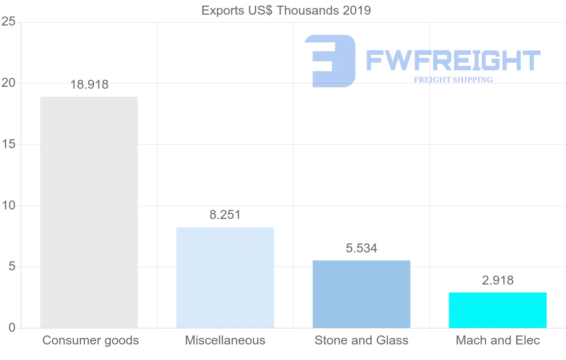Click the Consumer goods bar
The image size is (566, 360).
tap(89, 212)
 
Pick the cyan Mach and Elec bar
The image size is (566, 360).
tap(498, 310)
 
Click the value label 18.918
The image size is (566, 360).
tap(89, 85)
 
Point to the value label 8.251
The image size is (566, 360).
tap(225, 215)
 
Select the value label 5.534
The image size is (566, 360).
tap(361, 249)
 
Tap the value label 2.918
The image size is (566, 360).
tap(498, 280)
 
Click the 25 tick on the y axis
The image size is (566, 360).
tap(8, 22)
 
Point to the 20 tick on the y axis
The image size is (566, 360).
tap(8, 84)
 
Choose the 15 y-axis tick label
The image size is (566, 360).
tap(8, 144)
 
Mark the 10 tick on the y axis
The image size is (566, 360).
tap(8, 206)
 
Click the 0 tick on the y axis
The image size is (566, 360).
tap(11, 328)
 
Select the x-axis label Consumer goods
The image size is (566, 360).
tap(91, 341)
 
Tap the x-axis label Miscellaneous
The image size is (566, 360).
tap(225, 341)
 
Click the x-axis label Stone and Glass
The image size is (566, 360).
tap(361, 341)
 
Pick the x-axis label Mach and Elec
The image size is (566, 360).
tap(498, 341)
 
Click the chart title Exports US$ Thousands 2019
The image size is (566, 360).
tap(286, 10)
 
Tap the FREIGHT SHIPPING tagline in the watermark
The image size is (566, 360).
tap(453, 80)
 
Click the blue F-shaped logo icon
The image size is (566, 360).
tap(330, 60)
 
